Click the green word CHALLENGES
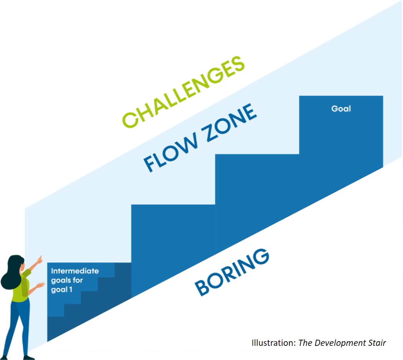(183, 92)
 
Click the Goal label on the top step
(341, 108)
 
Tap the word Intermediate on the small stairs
(75, 271)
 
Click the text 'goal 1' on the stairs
(62, 289)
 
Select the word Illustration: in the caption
(274, 343)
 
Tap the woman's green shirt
(20, 286)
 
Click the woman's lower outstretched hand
(40, 285)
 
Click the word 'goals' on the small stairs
(60, 280)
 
